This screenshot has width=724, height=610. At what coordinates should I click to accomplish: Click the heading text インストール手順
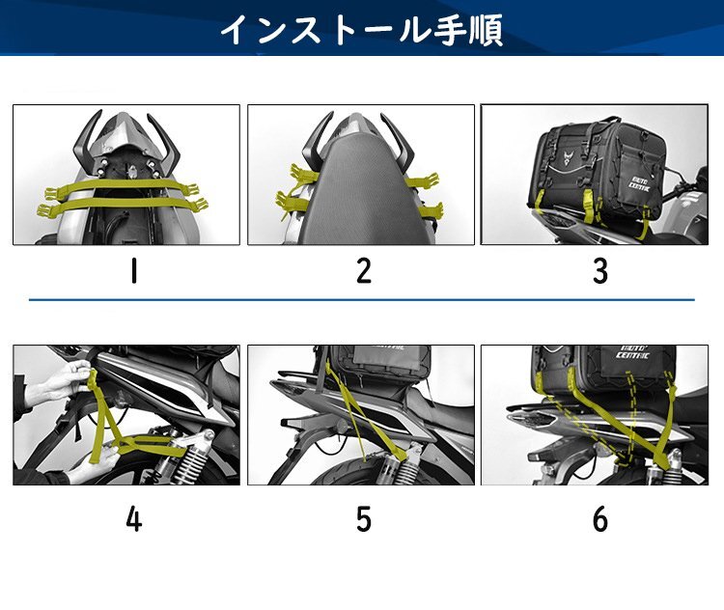(x=361, y=28)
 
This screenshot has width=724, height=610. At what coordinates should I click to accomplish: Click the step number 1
(x=131, y=272)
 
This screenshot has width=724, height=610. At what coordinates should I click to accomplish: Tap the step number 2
(x=363, y=272)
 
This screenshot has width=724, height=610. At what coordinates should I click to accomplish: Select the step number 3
(x=599, y=272)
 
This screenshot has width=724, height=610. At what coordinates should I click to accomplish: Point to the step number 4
(x=132, y=519)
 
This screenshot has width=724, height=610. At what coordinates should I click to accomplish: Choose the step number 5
(x=363, y=519)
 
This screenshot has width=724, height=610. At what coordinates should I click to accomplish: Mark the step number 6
(x=599, y=519)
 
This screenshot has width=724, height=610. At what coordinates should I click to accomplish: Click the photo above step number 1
(x=125, y=175)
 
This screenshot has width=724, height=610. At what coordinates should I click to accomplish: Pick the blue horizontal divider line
(x=361, y=300)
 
